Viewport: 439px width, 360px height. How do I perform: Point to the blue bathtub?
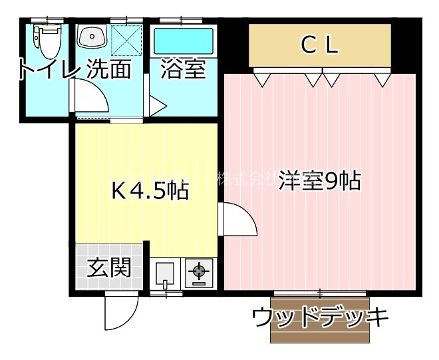click(x=184, y=41)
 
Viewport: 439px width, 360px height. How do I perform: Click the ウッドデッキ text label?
click(x=320, y=317)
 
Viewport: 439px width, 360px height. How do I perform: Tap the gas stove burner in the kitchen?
click(x=198, y=271)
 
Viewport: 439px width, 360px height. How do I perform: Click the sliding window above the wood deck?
click(x=319, y=293)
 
